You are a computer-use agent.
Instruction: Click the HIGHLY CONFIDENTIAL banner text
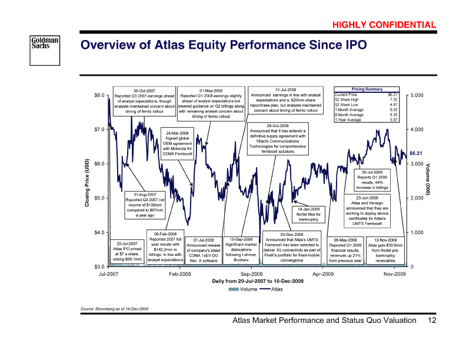(384, 25)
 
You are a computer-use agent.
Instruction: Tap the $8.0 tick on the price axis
(99, 95)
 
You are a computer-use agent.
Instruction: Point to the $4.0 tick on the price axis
(99, 232)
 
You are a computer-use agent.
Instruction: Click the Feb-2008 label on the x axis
(180, 275)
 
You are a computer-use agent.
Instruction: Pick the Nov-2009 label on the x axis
(394, 275)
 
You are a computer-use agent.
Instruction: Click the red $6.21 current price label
(417, 154)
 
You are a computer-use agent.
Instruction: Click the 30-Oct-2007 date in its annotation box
(144, 90)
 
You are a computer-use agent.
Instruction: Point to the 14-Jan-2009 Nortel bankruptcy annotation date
(308, 209)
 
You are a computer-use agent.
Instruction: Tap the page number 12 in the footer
(433, 321)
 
